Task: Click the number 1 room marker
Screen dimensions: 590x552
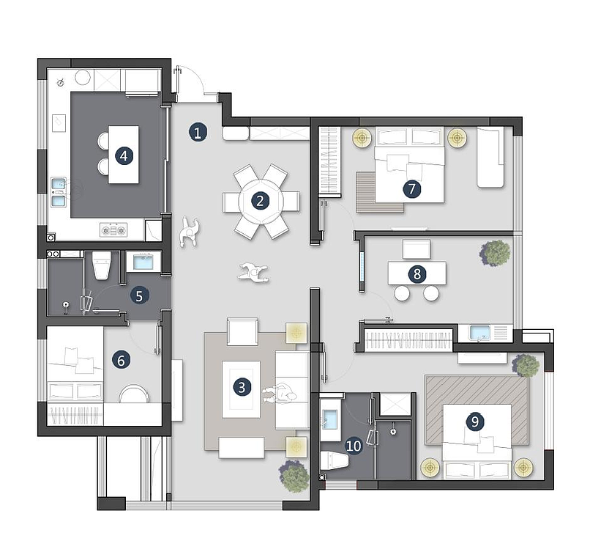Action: (198, 132)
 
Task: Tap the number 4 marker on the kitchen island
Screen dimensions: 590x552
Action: (124, 155)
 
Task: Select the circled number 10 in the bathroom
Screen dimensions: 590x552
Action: (354, 446)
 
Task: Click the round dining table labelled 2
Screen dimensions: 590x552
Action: (260, 201)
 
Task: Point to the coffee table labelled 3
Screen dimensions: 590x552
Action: (241, 389)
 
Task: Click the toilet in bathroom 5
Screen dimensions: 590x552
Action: (102, 265)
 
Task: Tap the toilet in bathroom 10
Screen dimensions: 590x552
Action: (335, 460)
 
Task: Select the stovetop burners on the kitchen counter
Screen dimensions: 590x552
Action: (113, 230)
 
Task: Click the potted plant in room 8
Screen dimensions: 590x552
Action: (495, 252)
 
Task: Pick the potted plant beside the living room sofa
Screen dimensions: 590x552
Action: (294, 476)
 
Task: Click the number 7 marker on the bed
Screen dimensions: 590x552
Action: (411, 188)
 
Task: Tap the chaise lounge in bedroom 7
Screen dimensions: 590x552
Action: (490, 157)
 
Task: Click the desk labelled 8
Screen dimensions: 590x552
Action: (417, 273)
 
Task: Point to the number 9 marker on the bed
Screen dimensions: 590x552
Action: (475, 421)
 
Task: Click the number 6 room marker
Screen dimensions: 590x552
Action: (121, 361)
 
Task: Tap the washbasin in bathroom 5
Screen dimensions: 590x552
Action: (143, 262)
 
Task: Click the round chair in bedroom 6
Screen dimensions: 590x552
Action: (133, 394)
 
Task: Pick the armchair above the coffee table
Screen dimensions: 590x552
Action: (243, 332)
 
